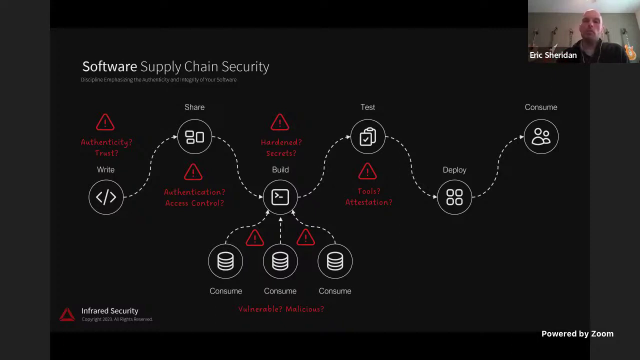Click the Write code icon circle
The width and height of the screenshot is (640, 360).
(106, 197)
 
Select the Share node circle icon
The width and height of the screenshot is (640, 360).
(194, 136)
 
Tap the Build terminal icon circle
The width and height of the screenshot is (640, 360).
(280, 197)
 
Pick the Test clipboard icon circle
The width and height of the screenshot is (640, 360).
(367, 136)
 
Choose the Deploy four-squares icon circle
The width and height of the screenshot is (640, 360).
(454, 197)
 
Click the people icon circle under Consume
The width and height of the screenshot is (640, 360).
(541, 136)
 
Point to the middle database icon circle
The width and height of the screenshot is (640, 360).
(280, 261)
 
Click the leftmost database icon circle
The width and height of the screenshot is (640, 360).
(225, 261)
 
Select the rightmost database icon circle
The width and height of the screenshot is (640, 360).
(335, 261)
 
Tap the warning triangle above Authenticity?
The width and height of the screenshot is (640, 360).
(105, 122)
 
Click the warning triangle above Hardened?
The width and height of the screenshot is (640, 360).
(280, 122)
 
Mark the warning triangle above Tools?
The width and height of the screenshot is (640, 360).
(367, 172)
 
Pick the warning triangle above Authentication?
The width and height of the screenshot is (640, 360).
(193, 172)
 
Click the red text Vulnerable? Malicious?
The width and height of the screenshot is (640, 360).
(281, 309)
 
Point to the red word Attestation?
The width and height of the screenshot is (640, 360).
(368, 202)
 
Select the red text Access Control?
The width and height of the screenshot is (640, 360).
(194, 203)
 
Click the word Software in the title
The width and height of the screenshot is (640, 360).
(109, 66)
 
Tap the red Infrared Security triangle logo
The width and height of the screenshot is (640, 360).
(67, 314)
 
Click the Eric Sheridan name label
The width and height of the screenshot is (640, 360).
(553, 55)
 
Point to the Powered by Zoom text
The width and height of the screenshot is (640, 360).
(577, 333)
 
